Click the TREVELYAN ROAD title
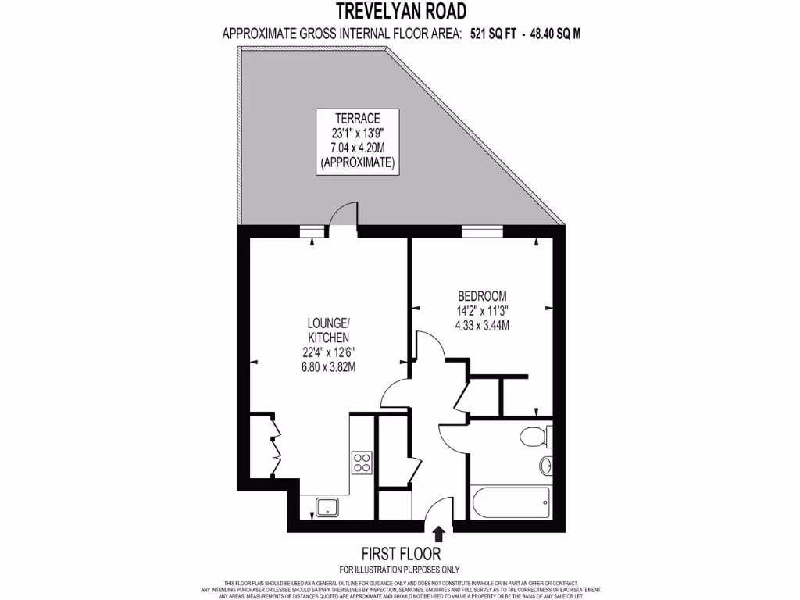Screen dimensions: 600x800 (x=402, y=11)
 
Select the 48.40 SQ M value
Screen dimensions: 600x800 (x=556, y=34)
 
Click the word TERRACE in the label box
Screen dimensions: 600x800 (x=359, y=118)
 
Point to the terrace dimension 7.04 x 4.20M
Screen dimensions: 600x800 (x=359, y=148)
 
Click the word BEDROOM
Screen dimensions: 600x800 (x=482, y=296)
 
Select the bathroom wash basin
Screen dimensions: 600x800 (x=545, y=466)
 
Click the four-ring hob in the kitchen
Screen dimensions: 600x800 (x=362, y=462)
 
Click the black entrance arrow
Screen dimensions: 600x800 (x=439, y=533)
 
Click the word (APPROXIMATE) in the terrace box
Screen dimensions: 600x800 (x=359, y=162)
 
